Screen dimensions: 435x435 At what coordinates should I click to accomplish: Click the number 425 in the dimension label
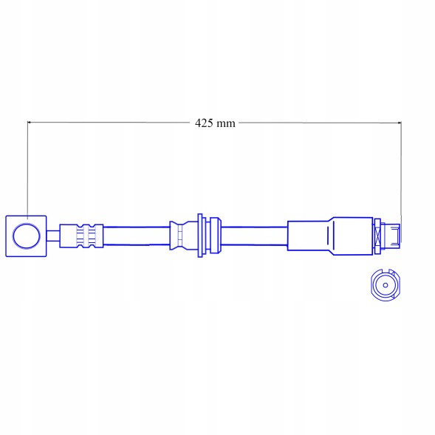click(x=203, y=123)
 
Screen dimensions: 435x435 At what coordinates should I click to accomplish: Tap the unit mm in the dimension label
click(x=225, y=124)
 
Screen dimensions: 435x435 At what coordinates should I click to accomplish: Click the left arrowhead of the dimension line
click(x=30, y=122)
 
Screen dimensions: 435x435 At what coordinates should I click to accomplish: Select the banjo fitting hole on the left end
click(x=27, y=236)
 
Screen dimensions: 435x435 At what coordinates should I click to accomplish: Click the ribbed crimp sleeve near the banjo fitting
click(x=81, y=236)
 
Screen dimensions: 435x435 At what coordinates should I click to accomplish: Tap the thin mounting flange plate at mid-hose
click(x=200, y=236)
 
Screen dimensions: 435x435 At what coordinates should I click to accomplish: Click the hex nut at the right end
click(x=377, y=236)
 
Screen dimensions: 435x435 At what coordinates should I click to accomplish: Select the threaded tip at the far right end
click(x=391, y=236)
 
